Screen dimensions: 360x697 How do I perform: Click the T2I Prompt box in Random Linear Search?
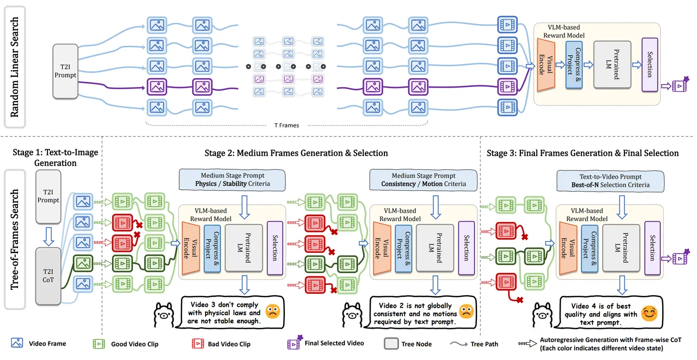click(x=66, y=70)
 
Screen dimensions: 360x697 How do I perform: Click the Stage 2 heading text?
click(x=296, y=153)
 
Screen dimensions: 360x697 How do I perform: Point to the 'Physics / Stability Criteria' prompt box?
click(x=232, y=180)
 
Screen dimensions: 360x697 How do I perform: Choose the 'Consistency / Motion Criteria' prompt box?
click(x=423, y=180)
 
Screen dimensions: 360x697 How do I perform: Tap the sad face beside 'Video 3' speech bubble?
click(x=272, y=312)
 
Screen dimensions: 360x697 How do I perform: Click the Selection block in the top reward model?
click(x=649, y=65)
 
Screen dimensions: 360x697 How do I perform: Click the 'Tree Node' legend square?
click(x=391, y=344)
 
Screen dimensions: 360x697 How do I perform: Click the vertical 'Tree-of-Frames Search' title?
click(x=15, y=240)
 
